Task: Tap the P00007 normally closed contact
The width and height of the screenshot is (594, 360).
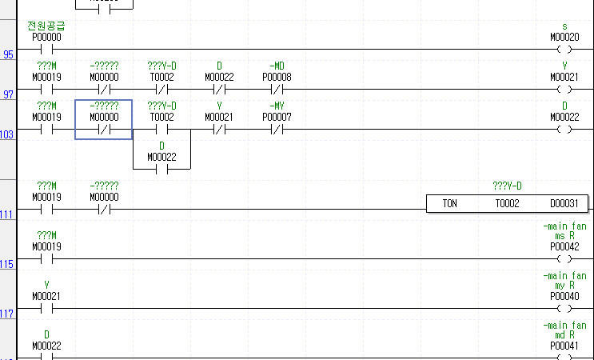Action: click(277, 129)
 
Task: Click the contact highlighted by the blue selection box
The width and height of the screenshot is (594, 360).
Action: click(103, 129)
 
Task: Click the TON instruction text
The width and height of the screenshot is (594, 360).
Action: click(450, 204)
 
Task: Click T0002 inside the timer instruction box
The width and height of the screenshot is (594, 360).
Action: click(507, 204)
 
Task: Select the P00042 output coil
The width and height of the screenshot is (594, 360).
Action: click(564, 259)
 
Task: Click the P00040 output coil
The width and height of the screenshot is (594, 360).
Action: click(564, 308)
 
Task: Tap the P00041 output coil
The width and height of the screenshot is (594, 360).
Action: click(564, 355)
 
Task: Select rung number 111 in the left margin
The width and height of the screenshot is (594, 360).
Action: click(7, 215)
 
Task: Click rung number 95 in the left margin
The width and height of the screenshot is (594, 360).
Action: click(8, 55)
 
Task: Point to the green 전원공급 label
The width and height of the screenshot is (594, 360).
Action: click(46, 26)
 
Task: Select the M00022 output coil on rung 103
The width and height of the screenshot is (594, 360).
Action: click(564, 129)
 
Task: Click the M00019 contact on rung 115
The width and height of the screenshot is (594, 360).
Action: click(46, 259)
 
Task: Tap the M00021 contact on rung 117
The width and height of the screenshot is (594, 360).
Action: click(46, 308)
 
